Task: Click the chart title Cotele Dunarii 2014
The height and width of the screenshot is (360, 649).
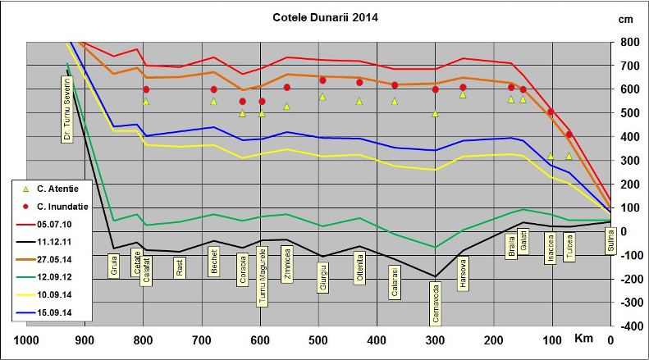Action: [x=326, y=17]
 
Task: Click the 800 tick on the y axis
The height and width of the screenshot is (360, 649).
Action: [x=630, y=42]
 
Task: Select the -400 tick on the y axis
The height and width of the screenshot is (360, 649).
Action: [x=629, y=326]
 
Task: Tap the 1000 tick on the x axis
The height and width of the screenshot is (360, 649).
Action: [x=26, y=340]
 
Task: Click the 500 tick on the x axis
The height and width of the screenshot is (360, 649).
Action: [x=318, y=340]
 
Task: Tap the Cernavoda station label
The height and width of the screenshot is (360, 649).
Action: [x=435, y=304]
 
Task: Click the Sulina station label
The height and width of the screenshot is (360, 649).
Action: [x=610, y=242]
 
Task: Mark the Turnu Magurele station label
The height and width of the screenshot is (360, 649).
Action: [x=263, y=279]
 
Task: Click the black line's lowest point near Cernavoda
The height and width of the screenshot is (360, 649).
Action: [x=435, y=277]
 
